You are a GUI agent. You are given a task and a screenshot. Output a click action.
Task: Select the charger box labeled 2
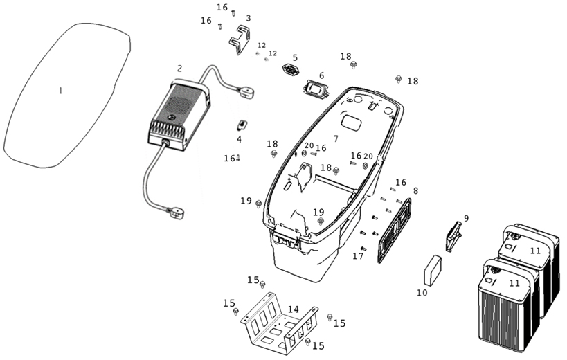click(x=177, y=114)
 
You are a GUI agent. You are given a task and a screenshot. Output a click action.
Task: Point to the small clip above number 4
click(x=242, y=125)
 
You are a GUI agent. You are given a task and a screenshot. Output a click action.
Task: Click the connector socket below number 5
click(x=289, y=69)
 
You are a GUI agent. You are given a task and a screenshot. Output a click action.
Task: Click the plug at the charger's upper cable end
click(x=246, y=89)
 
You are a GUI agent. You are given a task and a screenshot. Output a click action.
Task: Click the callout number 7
click(x=336, y=139)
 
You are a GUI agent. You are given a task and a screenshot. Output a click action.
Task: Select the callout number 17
click(x=358, y=256)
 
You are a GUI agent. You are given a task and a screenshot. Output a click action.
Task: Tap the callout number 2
click(x=179, y=69)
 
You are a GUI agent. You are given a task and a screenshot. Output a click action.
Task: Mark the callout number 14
click(x=294, y=309)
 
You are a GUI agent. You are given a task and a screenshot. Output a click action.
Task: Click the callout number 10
click(x=422, y=293)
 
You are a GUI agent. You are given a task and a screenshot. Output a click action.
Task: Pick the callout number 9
click(x=466, y=219)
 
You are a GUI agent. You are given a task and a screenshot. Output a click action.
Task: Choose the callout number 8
click(x=415, y=190)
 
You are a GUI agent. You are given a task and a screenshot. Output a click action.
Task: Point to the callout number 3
click(x=248, y=18)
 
